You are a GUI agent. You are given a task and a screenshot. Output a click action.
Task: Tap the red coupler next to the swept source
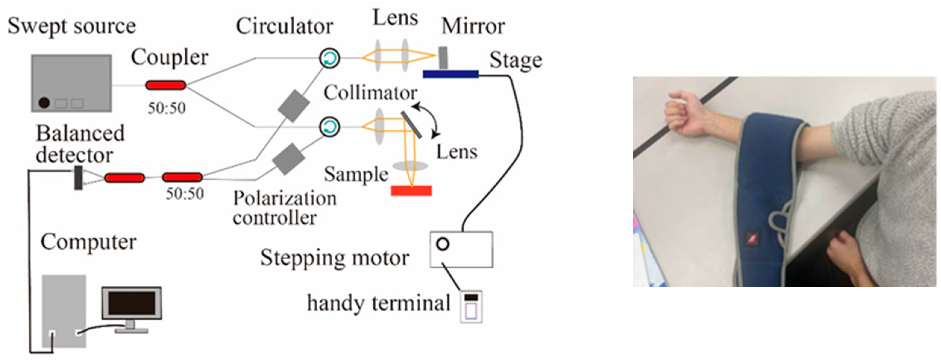click(x=165, y=85)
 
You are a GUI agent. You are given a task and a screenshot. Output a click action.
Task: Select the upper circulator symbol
click(x=330, y=58)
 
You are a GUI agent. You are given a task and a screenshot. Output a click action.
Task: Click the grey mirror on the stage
click(x=443, y=57)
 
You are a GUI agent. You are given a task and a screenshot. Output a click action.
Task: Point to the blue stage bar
click(x=450, y=74)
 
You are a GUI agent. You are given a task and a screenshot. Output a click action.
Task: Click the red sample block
click(x=411, y=191)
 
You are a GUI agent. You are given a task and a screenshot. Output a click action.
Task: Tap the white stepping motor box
click(x=461, y=249)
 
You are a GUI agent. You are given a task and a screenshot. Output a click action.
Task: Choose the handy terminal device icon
click(x=471, y=307)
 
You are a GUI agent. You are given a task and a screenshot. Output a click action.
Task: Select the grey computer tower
click(x=64, y=311)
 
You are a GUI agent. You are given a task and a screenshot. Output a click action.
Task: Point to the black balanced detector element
click(x=78, y=178)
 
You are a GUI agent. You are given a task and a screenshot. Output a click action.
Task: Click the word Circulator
click(x=284, y=26)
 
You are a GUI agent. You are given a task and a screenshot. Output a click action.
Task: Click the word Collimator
click(x=370, y=93)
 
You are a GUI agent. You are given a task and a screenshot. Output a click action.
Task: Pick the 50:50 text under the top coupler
click(x=167, y=108)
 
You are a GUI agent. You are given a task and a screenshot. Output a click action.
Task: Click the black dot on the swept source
click(x=44, y=103)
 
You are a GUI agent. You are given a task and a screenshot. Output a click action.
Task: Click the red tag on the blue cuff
click(x=752, y=238)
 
